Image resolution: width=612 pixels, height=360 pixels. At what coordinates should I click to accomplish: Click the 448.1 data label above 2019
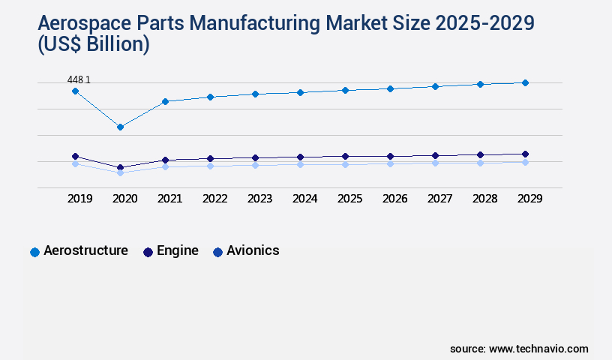pos(79,79)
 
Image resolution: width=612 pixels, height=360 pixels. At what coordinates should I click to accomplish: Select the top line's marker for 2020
pos(120,127)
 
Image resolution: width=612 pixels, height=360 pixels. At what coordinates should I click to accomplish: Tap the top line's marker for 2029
pos(525,82)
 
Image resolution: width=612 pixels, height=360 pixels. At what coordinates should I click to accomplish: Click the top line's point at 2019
pos(75,91)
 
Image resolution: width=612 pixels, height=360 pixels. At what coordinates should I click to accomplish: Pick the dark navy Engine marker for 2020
pos(120,167)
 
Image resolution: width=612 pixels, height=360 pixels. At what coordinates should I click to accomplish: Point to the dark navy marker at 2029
pos(525,154)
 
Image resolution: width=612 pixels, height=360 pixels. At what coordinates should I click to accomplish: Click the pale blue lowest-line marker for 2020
pos(120,172)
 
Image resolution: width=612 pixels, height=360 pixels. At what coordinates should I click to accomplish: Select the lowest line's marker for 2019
pos(75,163)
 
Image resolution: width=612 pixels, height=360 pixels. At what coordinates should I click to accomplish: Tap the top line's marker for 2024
pos(300,92)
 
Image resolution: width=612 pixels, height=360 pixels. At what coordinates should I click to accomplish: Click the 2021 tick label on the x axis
pos(169,199)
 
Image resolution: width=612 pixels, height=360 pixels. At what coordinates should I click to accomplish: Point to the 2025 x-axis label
pos(349,199)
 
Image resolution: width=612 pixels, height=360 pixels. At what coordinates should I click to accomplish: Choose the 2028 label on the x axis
pos(484,199)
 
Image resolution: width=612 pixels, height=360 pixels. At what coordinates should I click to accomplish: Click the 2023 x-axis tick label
pos(259,199)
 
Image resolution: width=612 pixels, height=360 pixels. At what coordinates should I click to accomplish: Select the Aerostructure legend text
pos(85,250)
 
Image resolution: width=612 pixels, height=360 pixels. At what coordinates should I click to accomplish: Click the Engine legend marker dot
pos(148,252)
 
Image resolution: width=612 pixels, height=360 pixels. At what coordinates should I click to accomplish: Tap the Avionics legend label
pos(253,250)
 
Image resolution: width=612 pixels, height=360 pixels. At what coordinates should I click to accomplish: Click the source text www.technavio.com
pos(538,349)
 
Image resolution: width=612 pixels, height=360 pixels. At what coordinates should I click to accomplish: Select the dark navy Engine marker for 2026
pos(390,156)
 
